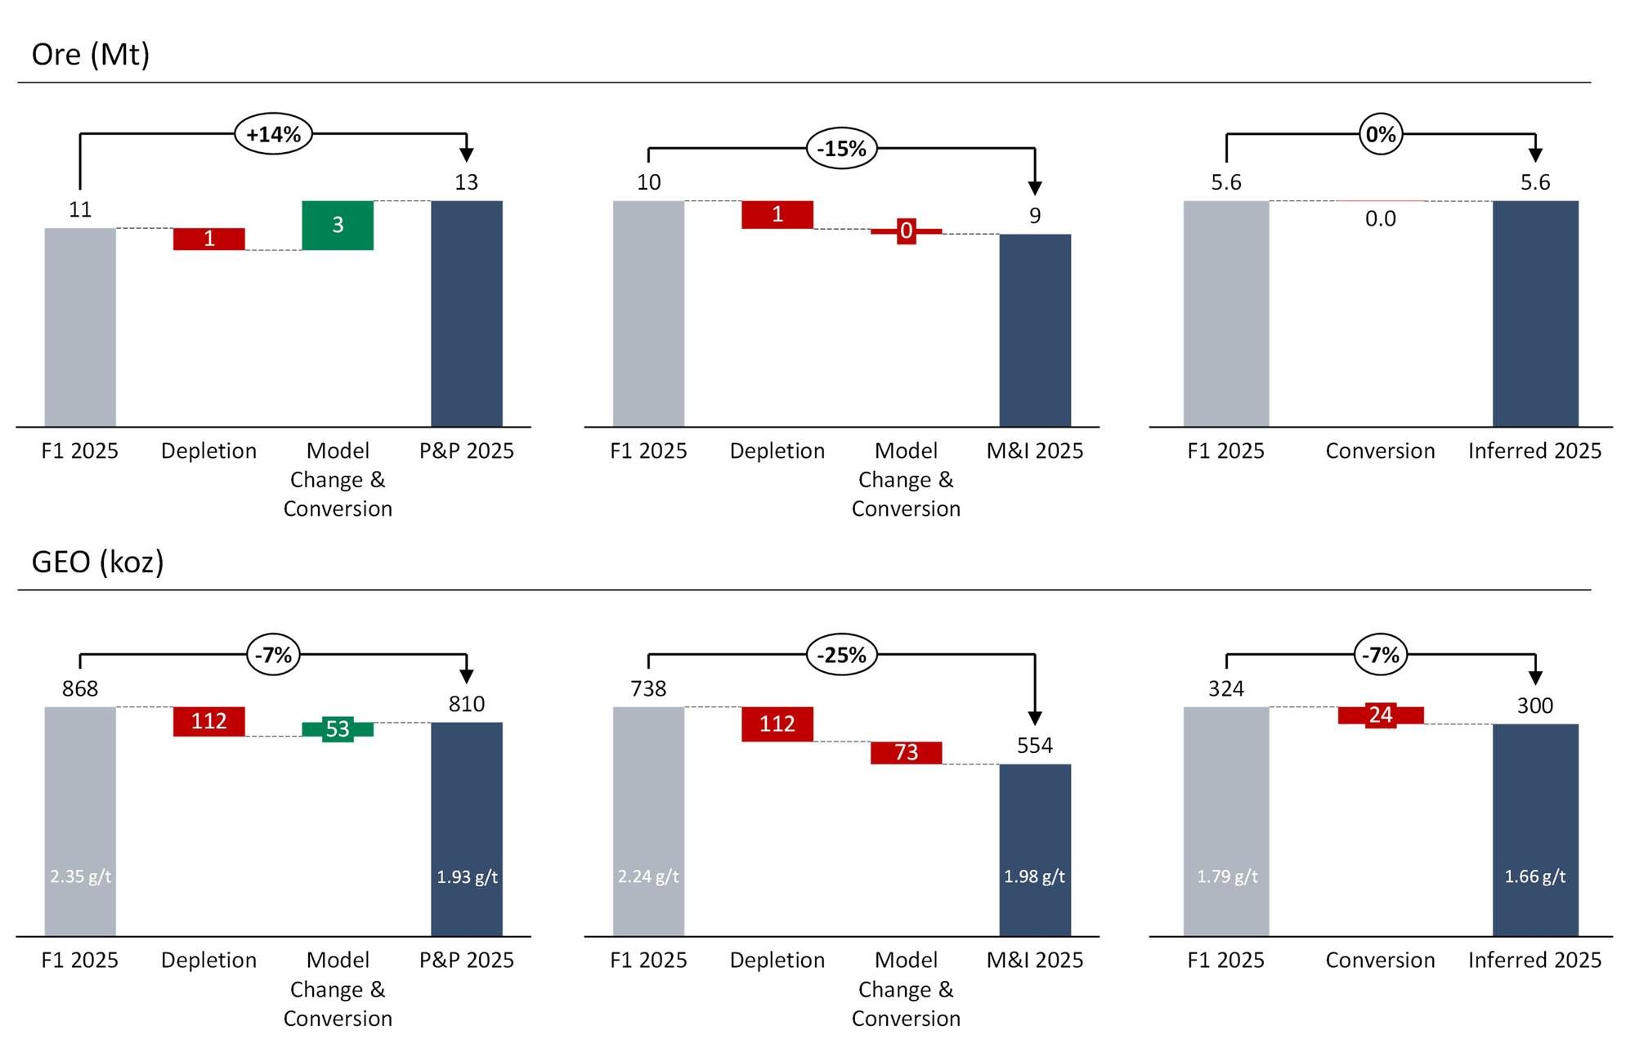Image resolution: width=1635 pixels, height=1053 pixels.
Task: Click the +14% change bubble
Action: pyautogui.click(x=273, y=134)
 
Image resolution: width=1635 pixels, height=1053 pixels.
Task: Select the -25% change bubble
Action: pyautogui.click(x=841, y=655)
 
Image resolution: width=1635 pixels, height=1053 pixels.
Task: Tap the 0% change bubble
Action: pyautogui.click(x=1381, y=134)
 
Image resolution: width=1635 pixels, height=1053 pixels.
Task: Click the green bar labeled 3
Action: pyautogui.click(x=338, y=225)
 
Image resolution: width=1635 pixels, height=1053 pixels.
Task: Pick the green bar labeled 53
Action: pyautogui.click(x=338, y=729)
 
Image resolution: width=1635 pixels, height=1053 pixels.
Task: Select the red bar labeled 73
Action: pyautogui.click(x=906, y=752)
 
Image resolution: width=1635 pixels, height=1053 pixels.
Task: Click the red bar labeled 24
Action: pyautogui.click(x=1381, y=715)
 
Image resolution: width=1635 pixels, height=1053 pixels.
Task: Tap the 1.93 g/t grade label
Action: pyautogui.click(x=467, y=877)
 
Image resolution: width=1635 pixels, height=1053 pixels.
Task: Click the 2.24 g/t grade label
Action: pyautogui.click(x=648, y=876)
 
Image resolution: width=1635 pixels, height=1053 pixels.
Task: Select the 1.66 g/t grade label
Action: pyautogui.click(x=1535, y=876)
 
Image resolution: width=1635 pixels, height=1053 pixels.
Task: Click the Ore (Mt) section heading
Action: pyautogui.click(x=91, y=55)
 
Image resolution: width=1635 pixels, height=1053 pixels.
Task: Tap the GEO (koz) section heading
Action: pyautogui.click(x=97, y=562)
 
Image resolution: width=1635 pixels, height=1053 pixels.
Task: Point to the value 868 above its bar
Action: pyautogui.click(x=80, y=688)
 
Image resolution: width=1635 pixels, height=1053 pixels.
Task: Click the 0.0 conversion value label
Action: pyautogui.click(x=1381, y=219)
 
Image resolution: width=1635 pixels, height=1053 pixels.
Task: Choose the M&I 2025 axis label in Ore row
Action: pyautogui.click(x=1035, y=450)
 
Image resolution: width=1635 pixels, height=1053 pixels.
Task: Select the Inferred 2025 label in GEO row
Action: pyautogui.click(x=1534, y=960)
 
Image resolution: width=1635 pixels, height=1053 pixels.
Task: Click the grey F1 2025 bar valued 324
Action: pyautogui.click(x=1226, y=818)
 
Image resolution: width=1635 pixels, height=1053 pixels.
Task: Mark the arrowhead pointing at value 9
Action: pyautogui.click(x=1035, y=189)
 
